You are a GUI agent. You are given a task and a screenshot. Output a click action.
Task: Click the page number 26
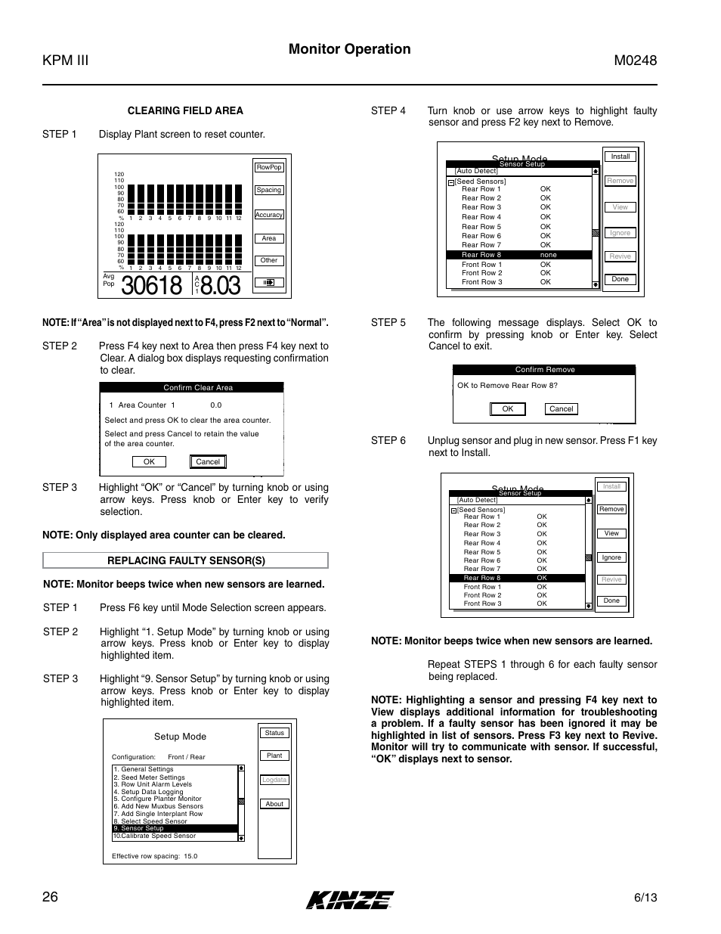pyautogui.click(x=50, y=897)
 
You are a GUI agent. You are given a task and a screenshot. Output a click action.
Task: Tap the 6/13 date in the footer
pyautogui.click(x=645, y=898)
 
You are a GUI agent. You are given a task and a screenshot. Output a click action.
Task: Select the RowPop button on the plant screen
pyautogui.click(x=269, y=167)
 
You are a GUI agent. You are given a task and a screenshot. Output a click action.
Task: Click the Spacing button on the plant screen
pyautogui.click(x=269, y=190)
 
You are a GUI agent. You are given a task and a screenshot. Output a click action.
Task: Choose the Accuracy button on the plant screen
pyautogui.click(x=269, y=215)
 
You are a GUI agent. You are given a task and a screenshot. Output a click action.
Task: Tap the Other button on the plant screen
pyautogui.click(x=269, y=260)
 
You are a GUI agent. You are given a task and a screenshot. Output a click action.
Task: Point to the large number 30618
pyautogui.click(x=151, y=286)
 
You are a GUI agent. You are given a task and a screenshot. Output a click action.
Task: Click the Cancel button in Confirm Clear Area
pyautogui.click(x=208, y=461)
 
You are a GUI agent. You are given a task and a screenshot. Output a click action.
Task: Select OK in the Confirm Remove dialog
pyautogui.click(x=508, y=408)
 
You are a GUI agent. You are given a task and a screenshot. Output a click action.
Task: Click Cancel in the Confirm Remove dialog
pyautogui.click(x=562, y=408)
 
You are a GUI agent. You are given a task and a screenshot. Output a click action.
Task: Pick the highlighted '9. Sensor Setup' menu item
pyautogui.click(x=175, y=828)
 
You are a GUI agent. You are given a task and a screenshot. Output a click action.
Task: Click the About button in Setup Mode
pyautogui.click(x=274, y=804)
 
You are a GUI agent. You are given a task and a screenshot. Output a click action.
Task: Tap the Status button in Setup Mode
pyautogui.click(x=274, y=733)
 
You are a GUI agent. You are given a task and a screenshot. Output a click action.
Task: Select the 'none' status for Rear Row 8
pyautogui.click(x=548, y=255)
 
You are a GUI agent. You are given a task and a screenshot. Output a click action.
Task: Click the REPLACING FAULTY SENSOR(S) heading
pyautogui.click(x=186, y=560)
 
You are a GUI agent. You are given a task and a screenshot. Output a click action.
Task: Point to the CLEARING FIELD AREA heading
pyautogui.click(x=185, y=110)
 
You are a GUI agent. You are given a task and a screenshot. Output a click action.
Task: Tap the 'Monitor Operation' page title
pyautogui.click(x=350, y=49)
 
